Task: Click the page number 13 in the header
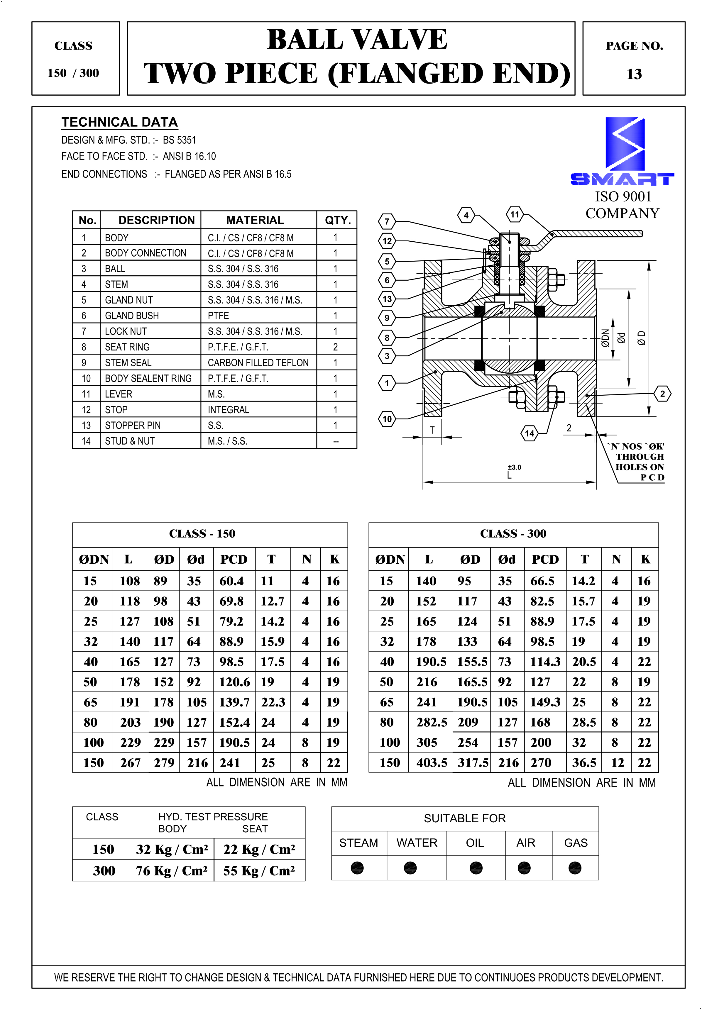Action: click(x=634, y=74)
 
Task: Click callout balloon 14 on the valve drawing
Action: click(x=530, y=433)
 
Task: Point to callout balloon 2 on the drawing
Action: click(x=662, y=394)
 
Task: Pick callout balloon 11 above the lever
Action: click(x=515, y=215)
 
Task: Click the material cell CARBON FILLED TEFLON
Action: click(x=258, y=363)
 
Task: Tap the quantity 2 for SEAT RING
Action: click(x=336, y=347)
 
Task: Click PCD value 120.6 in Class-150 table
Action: click(x=234, y=682)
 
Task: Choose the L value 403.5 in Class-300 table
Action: click(x=432, y=763)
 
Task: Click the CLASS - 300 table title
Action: click(x=513, y=534)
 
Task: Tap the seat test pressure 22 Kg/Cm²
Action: click(x=259, y=850)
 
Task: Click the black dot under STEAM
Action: click(x=357, y=868)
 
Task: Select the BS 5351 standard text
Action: click(x=180, y=140)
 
